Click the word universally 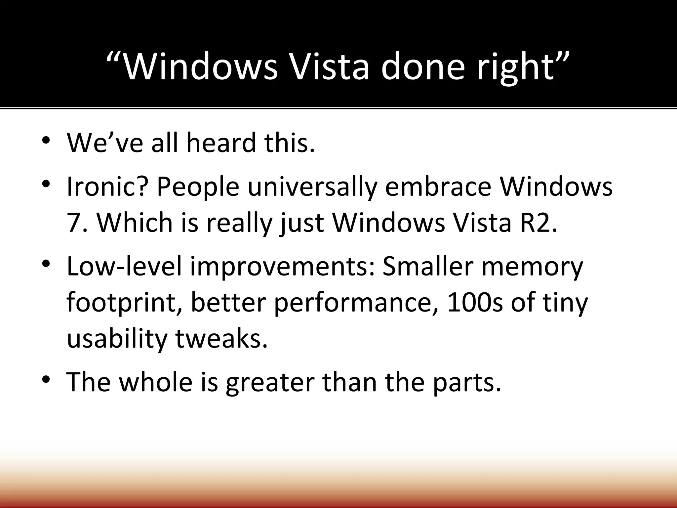312,187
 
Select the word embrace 438,187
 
